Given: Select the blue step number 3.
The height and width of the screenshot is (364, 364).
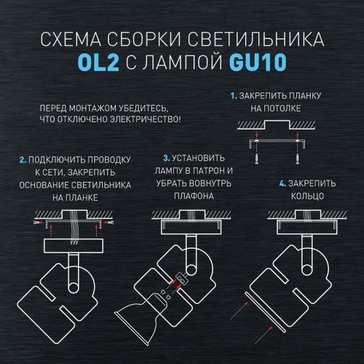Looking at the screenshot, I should click(165, 158).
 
